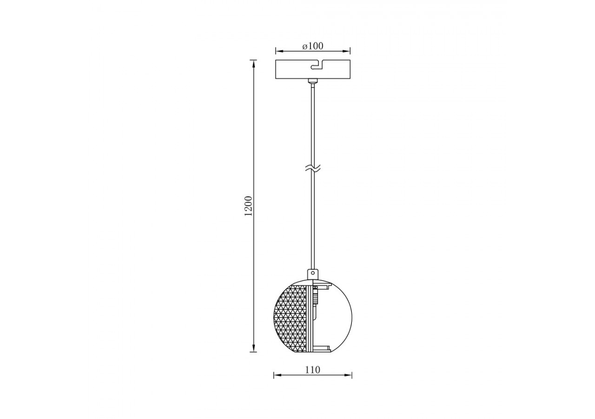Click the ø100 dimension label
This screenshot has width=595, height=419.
coord(313,46)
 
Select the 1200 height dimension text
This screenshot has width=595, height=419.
coord(249,205)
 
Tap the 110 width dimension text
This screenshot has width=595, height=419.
coord(313,370)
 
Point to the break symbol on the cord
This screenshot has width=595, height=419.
coord(313,169)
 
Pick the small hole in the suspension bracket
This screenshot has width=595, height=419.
coord(313,273)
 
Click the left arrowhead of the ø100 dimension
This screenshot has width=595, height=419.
coord(278,50)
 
